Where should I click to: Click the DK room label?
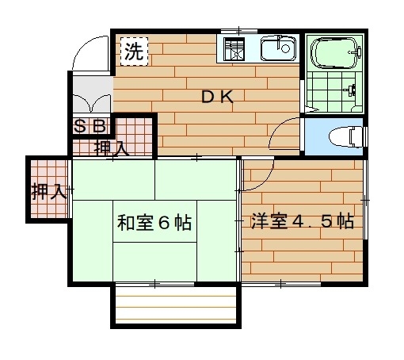217,97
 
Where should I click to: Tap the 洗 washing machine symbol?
134,52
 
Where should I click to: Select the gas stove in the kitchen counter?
234,49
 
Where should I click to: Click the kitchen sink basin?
278,48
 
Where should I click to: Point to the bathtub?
335,53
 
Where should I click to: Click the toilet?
346,136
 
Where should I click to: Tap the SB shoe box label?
90,126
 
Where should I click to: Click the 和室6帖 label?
154,223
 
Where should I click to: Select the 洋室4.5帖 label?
303,221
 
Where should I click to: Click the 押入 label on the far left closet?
48,191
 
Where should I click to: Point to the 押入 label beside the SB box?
112,148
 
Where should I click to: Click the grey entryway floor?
93,94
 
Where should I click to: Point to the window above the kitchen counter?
239,31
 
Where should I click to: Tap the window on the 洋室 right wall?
365,200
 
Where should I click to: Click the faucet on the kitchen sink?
279,42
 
